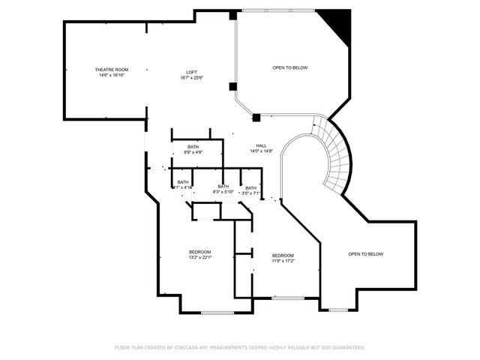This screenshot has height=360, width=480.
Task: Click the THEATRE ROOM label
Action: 111,70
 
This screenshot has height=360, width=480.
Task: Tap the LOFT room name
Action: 192,72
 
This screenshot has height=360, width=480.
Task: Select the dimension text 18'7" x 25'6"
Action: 192,77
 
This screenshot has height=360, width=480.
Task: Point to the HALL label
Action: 261,145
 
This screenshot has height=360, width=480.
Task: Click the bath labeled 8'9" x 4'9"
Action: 193,147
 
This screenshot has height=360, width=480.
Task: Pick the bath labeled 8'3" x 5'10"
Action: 223,187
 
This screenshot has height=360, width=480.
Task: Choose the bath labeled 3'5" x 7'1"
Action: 251,188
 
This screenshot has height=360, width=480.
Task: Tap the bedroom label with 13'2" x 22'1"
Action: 199,251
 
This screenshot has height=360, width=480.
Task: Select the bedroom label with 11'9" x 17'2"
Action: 283,255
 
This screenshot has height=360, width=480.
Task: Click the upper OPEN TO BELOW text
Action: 289,67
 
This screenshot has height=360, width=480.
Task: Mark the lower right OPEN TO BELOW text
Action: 365,253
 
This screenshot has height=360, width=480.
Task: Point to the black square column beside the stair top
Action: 256,117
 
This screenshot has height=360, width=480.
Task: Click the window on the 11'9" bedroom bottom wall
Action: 287,298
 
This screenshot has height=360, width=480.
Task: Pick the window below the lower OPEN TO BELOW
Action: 338,309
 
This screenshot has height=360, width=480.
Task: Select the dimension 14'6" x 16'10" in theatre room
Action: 111,75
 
